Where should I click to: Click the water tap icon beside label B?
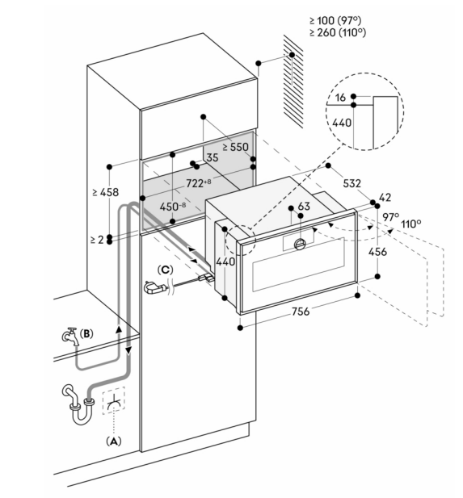coord(70,337)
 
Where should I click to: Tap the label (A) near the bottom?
coord(113,442)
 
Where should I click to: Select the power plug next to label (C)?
coord(155,287)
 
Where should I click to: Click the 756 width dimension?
coord(301,312)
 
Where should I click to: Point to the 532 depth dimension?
coord(352,183)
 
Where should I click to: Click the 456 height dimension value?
coord(378,252)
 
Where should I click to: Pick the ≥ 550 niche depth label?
coord(235,147)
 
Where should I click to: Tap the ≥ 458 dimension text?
coord(105,192)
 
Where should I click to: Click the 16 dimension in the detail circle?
coord(340,98)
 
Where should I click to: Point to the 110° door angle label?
coord(410,224)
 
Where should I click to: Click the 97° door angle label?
coord(390,217)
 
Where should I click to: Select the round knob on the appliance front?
coord(301,244)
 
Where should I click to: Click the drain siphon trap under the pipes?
coord(78,405)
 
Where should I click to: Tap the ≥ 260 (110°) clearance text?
coord(338,32)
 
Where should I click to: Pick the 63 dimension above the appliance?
coord(304,207)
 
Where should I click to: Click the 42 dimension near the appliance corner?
coord(385,198)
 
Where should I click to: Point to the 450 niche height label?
coord(173,207)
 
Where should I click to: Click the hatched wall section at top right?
coord(293,82)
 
